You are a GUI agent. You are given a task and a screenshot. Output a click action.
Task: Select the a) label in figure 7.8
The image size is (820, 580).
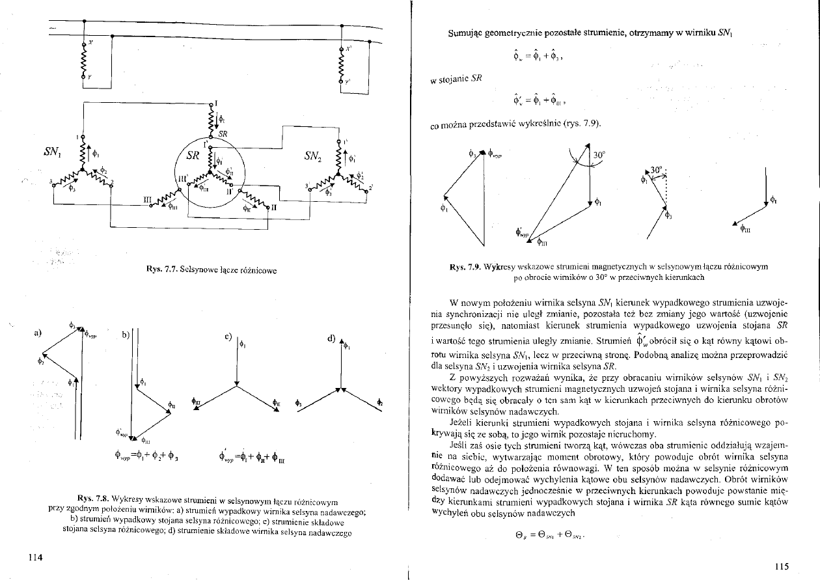(37, 333)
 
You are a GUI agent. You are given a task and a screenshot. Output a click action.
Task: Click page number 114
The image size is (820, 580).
(35, 557)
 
